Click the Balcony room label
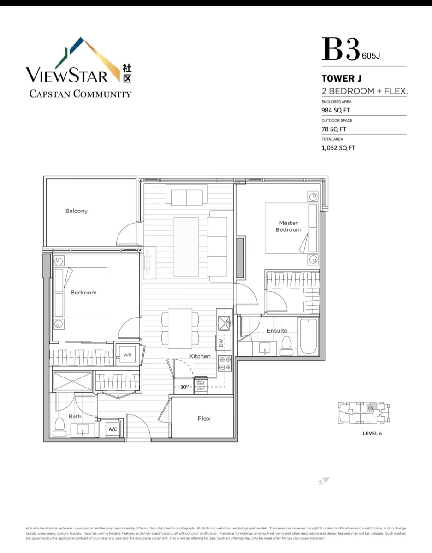pos(76,211)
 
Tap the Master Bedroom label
pos(288,226)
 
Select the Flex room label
pos(204,418)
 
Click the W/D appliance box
pos(127,355)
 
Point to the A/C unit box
pos(112,429)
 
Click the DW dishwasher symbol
pos(222,343)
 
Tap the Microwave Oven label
pos(201,385)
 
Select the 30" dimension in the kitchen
pos(184,387)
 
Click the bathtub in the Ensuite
pos(308,336)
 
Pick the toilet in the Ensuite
pos(286,345)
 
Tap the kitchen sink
pos(224,321)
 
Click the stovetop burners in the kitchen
pos(225,363)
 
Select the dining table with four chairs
pos(180,329)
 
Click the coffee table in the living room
pos(186,246)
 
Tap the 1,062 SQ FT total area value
pos(338,148)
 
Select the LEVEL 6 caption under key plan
pos(372,433)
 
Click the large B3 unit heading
pos(341,50)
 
